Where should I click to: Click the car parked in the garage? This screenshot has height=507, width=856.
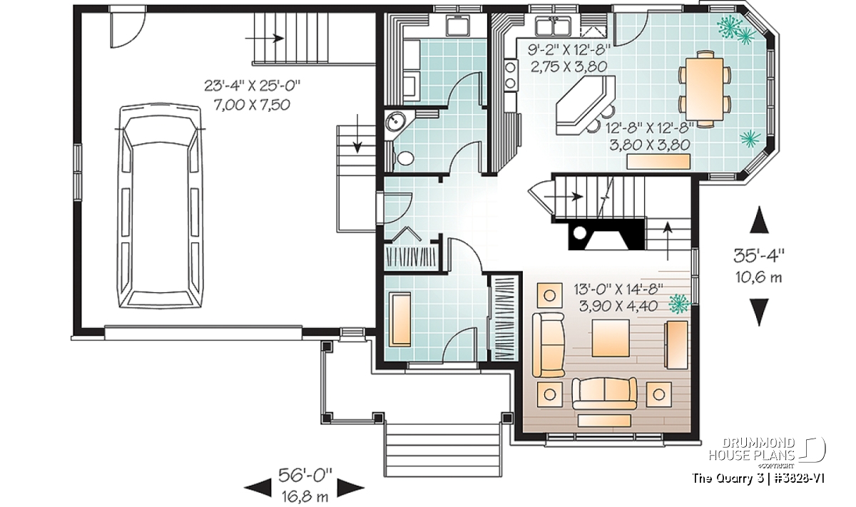pos(160,205)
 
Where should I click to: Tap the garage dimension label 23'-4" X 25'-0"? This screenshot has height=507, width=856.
pos(253,86)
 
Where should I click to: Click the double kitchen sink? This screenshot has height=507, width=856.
pos(553,25)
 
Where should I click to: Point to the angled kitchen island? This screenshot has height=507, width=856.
pos(585,105)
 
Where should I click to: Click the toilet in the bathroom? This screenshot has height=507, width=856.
pos(403,158)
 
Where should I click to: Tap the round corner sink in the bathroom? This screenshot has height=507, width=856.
pos(395,121)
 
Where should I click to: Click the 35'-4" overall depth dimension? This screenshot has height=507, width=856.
pos(759,256)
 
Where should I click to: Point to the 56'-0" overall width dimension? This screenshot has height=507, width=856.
pos(305,476)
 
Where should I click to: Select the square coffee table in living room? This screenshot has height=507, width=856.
pos(611,338)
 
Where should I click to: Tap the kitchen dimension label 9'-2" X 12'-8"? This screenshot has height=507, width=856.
pos(569,50)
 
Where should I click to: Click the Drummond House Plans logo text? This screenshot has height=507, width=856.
pos(752,449)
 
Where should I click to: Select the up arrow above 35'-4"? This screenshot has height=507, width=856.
pos(759,220)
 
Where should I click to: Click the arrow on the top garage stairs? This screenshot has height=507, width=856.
pos(265,39)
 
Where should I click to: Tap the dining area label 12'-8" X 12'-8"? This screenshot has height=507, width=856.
pos(650,128)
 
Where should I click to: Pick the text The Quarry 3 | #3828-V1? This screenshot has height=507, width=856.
pos(758,478)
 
